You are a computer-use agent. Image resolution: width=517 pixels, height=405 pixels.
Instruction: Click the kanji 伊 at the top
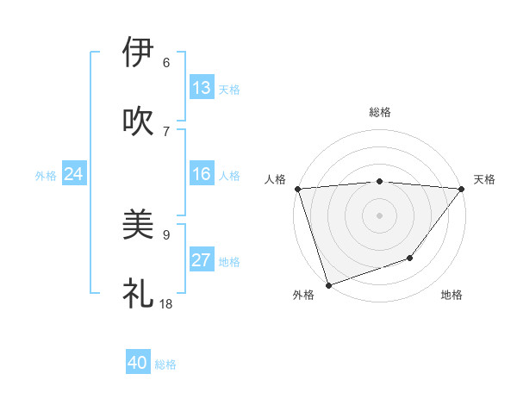tap(138, 52)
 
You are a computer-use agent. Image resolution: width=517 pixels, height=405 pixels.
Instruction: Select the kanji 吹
tap(138, 121)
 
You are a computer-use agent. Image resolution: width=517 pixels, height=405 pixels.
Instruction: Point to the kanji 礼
tap(138, 293)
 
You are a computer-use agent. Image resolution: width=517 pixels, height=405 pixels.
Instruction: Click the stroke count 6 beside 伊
tap(166, 63)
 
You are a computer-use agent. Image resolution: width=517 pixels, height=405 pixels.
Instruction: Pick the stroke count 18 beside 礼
tap(166, 303)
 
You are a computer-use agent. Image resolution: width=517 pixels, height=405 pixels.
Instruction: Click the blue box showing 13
tap(202, 88)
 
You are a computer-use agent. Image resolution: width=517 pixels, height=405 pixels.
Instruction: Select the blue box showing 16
tap(202, 175)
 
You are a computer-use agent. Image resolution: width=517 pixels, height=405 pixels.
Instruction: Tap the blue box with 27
tap(202, 260)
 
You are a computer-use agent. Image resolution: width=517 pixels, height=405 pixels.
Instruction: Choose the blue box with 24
tap(73, 175)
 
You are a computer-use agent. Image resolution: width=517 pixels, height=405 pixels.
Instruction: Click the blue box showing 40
tap(138, 364)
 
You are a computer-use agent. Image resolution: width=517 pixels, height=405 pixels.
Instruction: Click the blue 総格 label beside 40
tap(165, 364)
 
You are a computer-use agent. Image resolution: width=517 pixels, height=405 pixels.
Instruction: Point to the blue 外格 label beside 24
tap(46, 176)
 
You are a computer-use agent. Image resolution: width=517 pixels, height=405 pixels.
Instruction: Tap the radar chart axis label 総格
tap(380, 112)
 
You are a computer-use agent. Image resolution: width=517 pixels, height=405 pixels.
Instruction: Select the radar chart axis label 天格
tap(484, 179)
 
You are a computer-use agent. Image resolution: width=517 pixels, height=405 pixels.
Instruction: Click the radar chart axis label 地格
tap(452, 296)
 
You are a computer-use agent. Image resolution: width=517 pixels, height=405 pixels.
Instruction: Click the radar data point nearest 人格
tap(297, 189)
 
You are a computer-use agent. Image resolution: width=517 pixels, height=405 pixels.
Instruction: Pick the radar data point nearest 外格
tap(328, 284)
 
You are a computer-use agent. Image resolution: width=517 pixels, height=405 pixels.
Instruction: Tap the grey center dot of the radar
tap(379, 215)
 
